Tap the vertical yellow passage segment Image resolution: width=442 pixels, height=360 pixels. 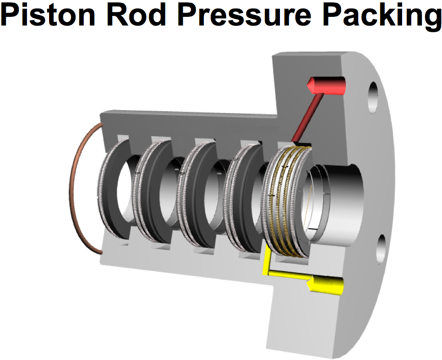tap(265, 260)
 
